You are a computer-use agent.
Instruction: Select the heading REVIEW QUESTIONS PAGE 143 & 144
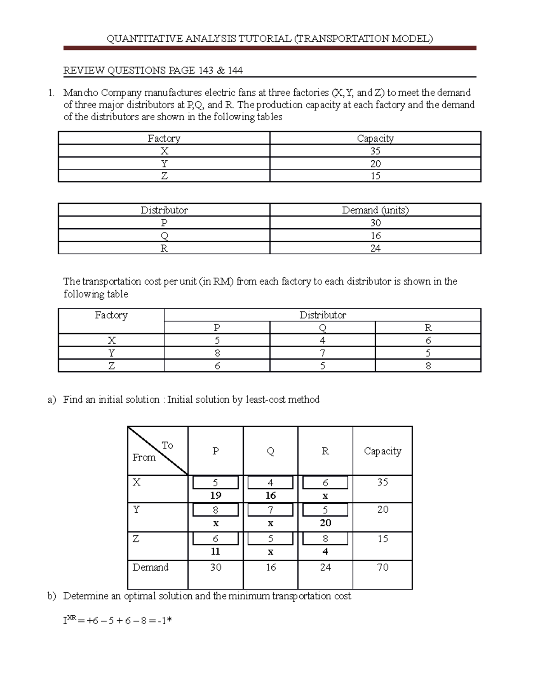coord(153,71)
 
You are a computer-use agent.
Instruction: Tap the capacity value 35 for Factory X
coord(375,151)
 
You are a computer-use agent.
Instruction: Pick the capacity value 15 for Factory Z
coord(375,176)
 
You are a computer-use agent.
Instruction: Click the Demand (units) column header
coord(375,210)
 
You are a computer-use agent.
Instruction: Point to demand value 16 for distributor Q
coord(375,236)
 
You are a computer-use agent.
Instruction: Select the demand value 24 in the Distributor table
coord(375,248)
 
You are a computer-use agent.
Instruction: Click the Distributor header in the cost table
coord(322,315)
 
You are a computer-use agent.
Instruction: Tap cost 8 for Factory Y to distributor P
coord(217,353)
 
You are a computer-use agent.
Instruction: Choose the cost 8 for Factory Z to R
coord(428,366)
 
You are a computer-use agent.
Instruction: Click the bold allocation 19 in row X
coord(216,496)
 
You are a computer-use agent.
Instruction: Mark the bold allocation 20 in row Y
coord(325,523)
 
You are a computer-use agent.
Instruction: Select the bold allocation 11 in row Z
coord(216,552)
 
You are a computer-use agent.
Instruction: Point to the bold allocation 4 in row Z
coord(325,552)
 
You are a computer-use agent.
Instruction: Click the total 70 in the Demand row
coord(382,568)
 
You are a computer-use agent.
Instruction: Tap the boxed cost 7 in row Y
coord(270,510)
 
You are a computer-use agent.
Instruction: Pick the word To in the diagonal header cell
coord(167,446)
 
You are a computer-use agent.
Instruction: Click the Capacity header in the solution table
coord(382,451)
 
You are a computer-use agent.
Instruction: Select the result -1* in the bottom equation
coord(165,621)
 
